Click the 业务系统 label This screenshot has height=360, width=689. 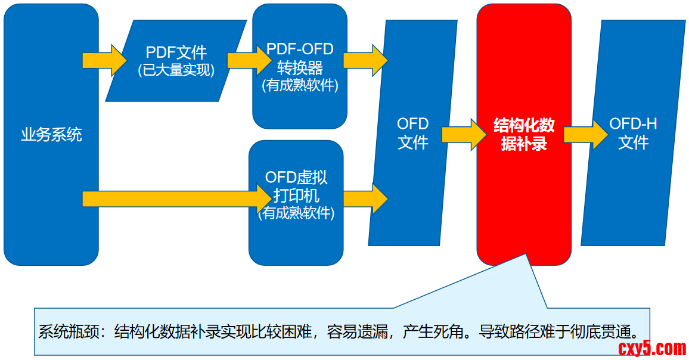(51, 135)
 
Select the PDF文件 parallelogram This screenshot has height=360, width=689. (176, 60)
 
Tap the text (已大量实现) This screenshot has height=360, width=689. (176, 70)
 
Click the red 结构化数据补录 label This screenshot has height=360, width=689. (524, 134)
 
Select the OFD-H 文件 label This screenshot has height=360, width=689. (633, 134)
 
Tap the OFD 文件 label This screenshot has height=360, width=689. (413, 134)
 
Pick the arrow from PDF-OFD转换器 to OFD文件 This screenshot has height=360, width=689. (365, 60)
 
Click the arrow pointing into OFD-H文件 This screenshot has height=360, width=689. (586, 134)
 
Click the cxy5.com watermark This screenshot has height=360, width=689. (651, 347)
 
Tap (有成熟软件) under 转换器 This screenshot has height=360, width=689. (300, 85)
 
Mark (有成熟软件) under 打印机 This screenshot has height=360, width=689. (296, 213)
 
